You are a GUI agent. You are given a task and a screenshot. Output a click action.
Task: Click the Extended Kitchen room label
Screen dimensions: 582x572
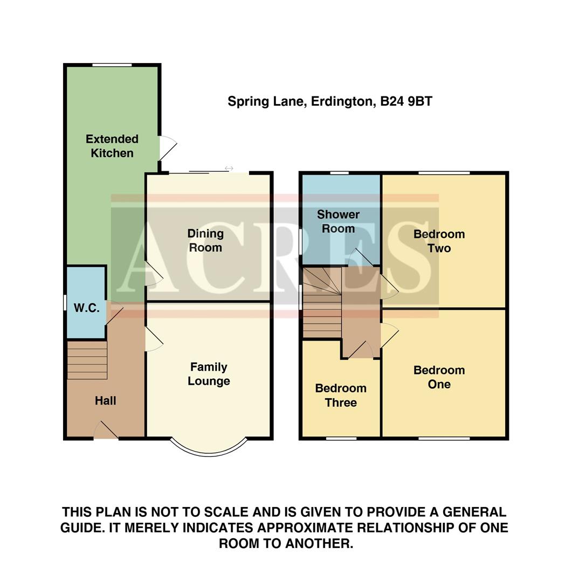(x=112, y=146)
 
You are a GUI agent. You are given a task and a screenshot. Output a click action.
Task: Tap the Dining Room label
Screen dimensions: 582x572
(x=205, y=240)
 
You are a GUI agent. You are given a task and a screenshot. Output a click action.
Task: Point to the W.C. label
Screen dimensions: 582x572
(x=86, y=308)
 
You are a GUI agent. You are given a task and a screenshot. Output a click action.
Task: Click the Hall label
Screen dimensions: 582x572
(x=106, y=400)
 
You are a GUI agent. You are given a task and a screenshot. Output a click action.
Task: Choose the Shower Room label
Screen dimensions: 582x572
(x=338, y=221)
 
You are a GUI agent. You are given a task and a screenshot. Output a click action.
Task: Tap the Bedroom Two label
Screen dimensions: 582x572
(x=439, y=241)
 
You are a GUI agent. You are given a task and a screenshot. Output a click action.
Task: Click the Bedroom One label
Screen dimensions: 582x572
(x=439, y=377)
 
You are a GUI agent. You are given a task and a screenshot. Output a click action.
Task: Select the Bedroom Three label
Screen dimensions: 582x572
(x=341, y=395)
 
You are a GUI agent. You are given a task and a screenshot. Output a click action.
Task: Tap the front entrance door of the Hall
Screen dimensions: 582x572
(x=106, y=432)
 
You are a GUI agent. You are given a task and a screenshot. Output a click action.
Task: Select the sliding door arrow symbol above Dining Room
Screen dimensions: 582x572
(x=229, y=169)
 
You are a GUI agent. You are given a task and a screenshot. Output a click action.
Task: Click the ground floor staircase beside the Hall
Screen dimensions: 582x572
(x=87, y=360)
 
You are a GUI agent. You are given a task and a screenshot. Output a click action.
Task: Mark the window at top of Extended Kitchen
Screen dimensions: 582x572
(x=112, y=65)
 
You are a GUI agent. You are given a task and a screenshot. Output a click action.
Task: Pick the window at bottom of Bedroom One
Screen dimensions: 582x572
(x=444, y=438)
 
